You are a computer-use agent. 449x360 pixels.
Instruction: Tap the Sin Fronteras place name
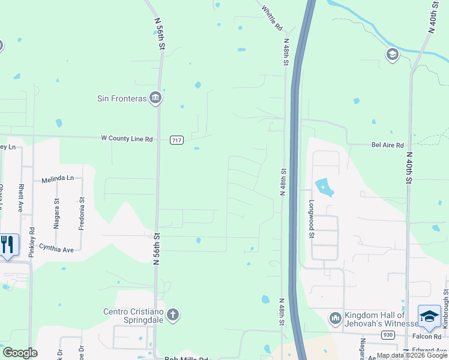pos(122,98)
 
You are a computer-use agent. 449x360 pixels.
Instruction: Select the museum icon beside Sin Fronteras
pos(155,98)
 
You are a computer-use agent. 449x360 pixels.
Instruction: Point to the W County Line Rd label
pos(127,139)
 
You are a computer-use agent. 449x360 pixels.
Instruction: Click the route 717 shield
pos(176,140)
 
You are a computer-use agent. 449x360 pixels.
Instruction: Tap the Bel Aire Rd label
pos(387,145)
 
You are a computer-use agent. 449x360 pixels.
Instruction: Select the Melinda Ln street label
pos(58,179)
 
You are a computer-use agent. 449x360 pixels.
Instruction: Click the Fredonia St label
pos(82,215)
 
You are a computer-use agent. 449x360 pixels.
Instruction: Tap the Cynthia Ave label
pos(56,247)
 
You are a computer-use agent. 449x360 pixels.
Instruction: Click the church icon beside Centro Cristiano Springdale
pos(173,315)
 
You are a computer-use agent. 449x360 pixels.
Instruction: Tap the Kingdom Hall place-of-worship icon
pos(336,317)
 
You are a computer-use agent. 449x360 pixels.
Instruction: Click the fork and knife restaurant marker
pos(7,245)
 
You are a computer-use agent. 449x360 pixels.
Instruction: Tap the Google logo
pos(20,353)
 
